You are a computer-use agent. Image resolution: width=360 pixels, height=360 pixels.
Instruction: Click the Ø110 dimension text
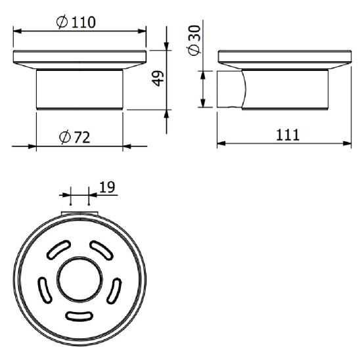pyautogui.click(x=76, y=22)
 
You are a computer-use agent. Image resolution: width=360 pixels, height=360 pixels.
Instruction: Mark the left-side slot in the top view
pyautogui.click(x=43, y=288)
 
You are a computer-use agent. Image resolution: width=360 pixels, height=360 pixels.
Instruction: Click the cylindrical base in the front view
pyautogui.click(x=79, y=89)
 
